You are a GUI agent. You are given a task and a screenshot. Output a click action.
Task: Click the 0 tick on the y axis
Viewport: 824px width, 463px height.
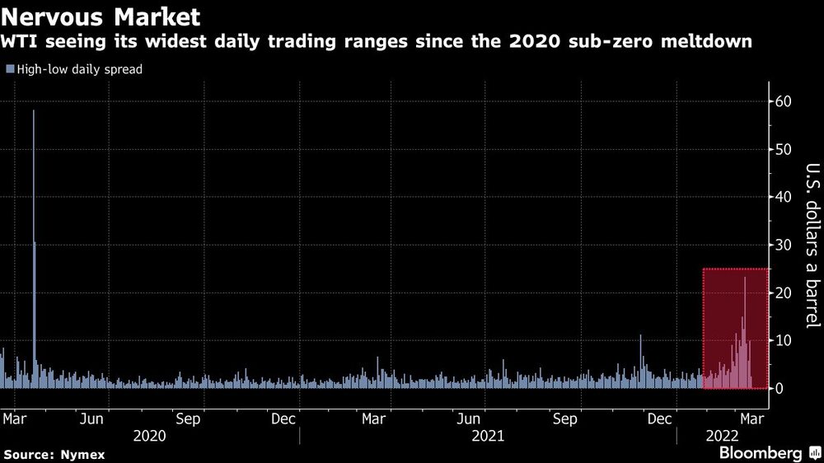click(778, 389)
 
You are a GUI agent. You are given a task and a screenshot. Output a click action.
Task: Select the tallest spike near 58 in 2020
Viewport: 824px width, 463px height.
click(34, 115)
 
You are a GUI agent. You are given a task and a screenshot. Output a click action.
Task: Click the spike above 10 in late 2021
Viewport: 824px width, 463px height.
click(641, 339)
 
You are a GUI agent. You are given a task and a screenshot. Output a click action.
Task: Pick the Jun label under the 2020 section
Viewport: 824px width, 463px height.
click(91, 419)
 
